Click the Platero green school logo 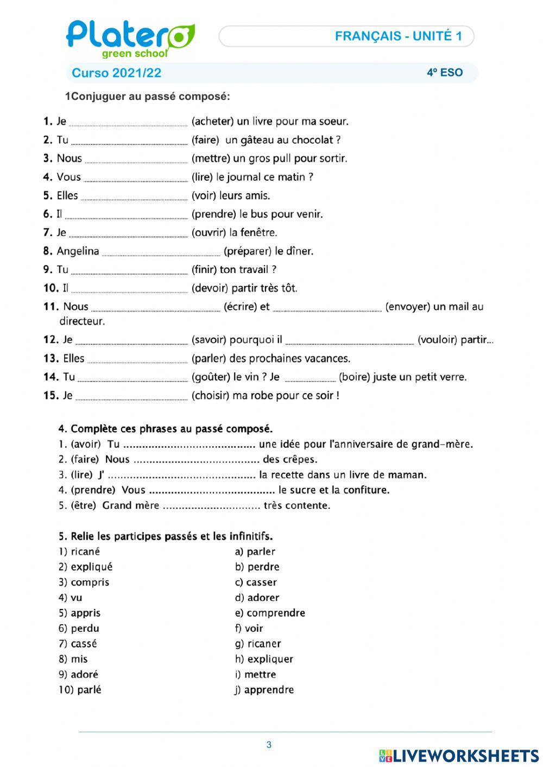(x=130, y=39)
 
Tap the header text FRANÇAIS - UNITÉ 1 (x=398, y=36)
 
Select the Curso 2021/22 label (x=116, y=73)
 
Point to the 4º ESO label (x=444, y=73)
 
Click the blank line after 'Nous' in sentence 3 (x=136, y=161)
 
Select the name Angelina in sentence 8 (x=78, y=251)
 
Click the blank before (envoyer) (x=327, y=310)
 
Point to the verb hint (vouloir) (x=437, y=340)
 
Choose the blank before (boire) (x=310, y=380)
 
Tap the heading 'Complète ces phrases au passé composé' (x=172, y=429)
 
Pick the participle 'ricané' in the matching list (x=85, y=552)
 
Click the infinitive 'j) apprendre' (x=264, y=690)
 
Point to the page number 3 (x=269, y=745)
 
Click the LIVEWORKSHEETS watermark (x=459, y=756)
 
